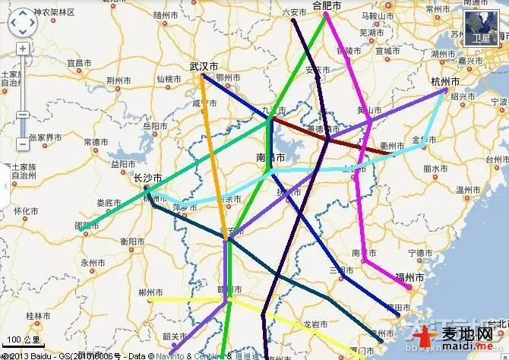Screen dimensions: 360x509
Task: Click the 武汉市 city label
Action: (204, 67)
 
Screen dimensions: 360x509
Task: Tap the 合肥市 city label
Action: (327, 6)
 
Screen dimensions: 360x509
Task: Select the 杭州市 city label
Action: (444, 81)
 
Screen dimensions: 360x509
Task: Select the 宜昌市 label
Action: (79, 63)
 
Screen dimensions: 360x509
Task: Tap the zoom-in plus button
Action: (23, 48)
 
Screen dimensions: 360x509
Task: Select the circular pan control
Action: (22, 23)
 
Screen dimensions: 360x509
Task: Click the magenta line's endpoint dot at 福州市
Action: (409, 288)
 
